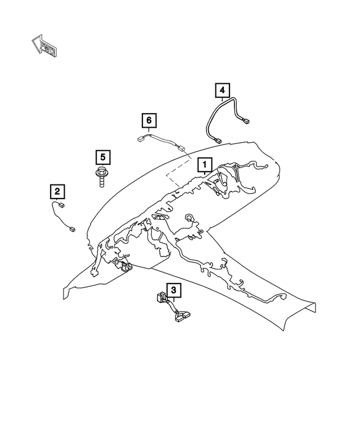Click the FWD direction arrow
[x=44, y=46]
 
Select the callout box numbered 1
[x=204, y=164]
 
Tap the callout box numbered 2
[x=57, y=192]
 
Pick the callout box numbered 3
[x=174, y=290]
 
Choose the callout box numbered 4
[x=222, y=90]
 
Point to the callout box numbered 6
[x=148, y=120]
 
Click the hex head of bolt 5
[x=101, y=172]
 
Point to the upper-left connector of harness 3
[x=160, y=297]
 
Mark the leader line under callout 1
[x=204, y=177]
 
